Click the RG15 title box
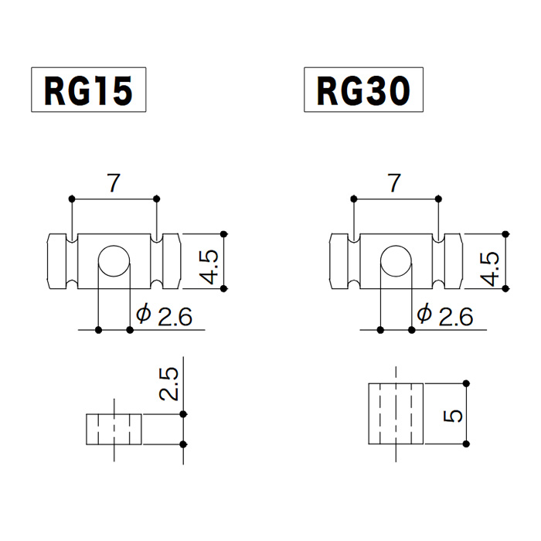click(87, 91)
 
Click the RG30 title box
click(363, 91)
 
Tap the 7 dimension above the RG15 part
click(114, 183)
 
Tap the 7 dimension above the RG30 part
click(395, 183)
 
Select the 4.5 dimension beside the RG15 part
click(209, 267)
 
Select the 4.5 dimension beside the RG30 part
click(490, 267)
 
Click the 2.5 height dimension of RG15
click(171, 383)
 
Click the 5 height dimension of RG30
click(455, 415)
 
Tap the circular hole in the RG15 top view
click(114, 260)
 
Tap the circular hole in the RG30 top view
click(396, 260)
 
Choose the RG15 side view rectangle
click(114, 430)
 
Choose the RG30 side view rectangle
click(396, 413)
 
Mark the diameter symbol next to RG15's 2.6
click(142, 315)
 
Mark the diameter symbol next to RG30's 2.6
click(424, 315)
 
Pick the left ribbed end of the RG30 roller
click(341, 261)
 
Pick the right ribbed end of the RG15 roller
click(169, 261)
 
